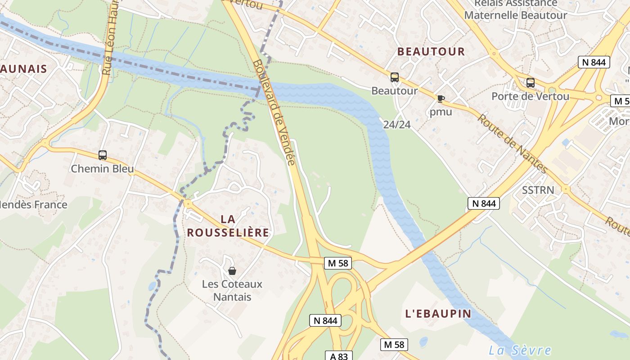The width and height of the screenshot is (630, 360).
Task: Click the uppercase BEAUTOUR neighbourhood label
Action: (x=431, y=52)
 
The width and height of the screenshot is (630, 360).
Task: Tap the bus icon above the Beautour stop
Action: (x=395, y=77)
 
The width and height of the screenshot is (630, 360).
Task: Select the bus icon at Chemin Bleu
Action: (x=103, y=155)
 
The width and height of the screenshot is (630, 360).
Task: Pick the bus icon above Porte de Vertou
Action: (x=531, y=83)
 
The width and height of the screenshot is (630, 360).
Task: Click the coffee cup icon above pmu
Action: (x=441, y=99)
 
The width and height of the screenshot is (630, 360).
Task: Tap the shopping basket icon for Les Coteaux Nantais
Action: (x=232, y=271)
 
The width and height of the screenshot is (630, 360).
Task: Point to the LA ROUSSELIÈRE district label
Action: (x=228, y=226)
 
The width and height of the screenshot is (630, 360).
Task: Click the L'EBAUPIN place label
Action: (x=438, y=314)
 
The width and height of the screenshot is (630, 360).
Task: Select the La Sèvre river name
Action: (x=520, y=351)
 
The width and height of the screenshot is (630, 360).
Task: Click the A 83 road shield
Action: (x=339, y=356)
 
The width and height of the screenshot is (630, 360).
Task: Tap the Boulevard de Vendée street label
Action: (x=274, y=112)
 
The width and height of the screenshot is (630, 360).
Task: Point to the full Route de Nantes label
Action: (x=512, y=143)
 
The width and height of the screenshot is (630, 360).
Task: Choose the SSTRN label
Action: (x=538, y=190)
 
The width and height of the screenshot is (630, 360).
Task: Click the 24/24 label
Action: (x=397, y=125)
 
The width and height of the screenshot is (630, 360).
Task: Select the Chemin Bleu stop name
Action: (x=103, y=169)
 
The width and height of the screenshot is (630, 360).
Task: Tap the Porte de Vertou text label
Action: (x=530, y=96)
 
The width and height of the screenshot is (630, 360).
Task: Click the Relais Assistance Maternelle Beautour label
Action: (x=516, y=9)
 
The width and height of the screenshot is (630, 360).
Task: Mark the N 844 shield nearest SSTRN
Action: (x=484, y=203)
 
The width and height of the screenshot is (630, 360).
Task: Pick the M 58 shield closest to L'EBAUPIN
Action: (x=394, y=345)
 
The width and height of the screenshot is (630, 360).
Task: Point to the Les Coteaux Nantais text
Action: (x=232, y=290)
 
